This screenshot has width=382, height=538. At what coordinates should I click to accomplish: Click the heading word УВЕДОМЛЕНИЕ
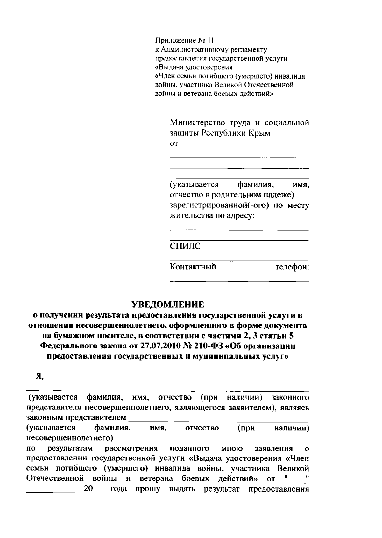tap(168, 304)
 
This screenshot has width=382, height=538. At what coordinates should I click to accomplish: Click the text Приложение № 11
tap(185, 40)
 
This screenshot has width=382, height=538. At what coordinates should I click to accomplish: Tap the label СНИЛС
tap(185, 246)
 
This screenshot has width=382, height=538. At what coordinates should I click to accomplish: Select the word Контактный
tap(193, 267)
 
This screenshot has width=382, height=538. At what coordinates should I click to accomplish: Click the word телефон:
tap(292, 267)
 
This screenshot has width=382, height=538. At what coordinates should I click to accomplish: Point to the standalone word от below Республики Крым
tap(174, 144)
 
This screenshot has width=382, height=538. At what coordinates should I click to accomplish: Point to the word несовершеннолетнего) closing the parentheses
tap(70, 438)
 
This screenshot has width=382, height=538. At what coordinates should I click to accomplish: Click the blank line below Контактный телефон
tap(239, 281)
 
